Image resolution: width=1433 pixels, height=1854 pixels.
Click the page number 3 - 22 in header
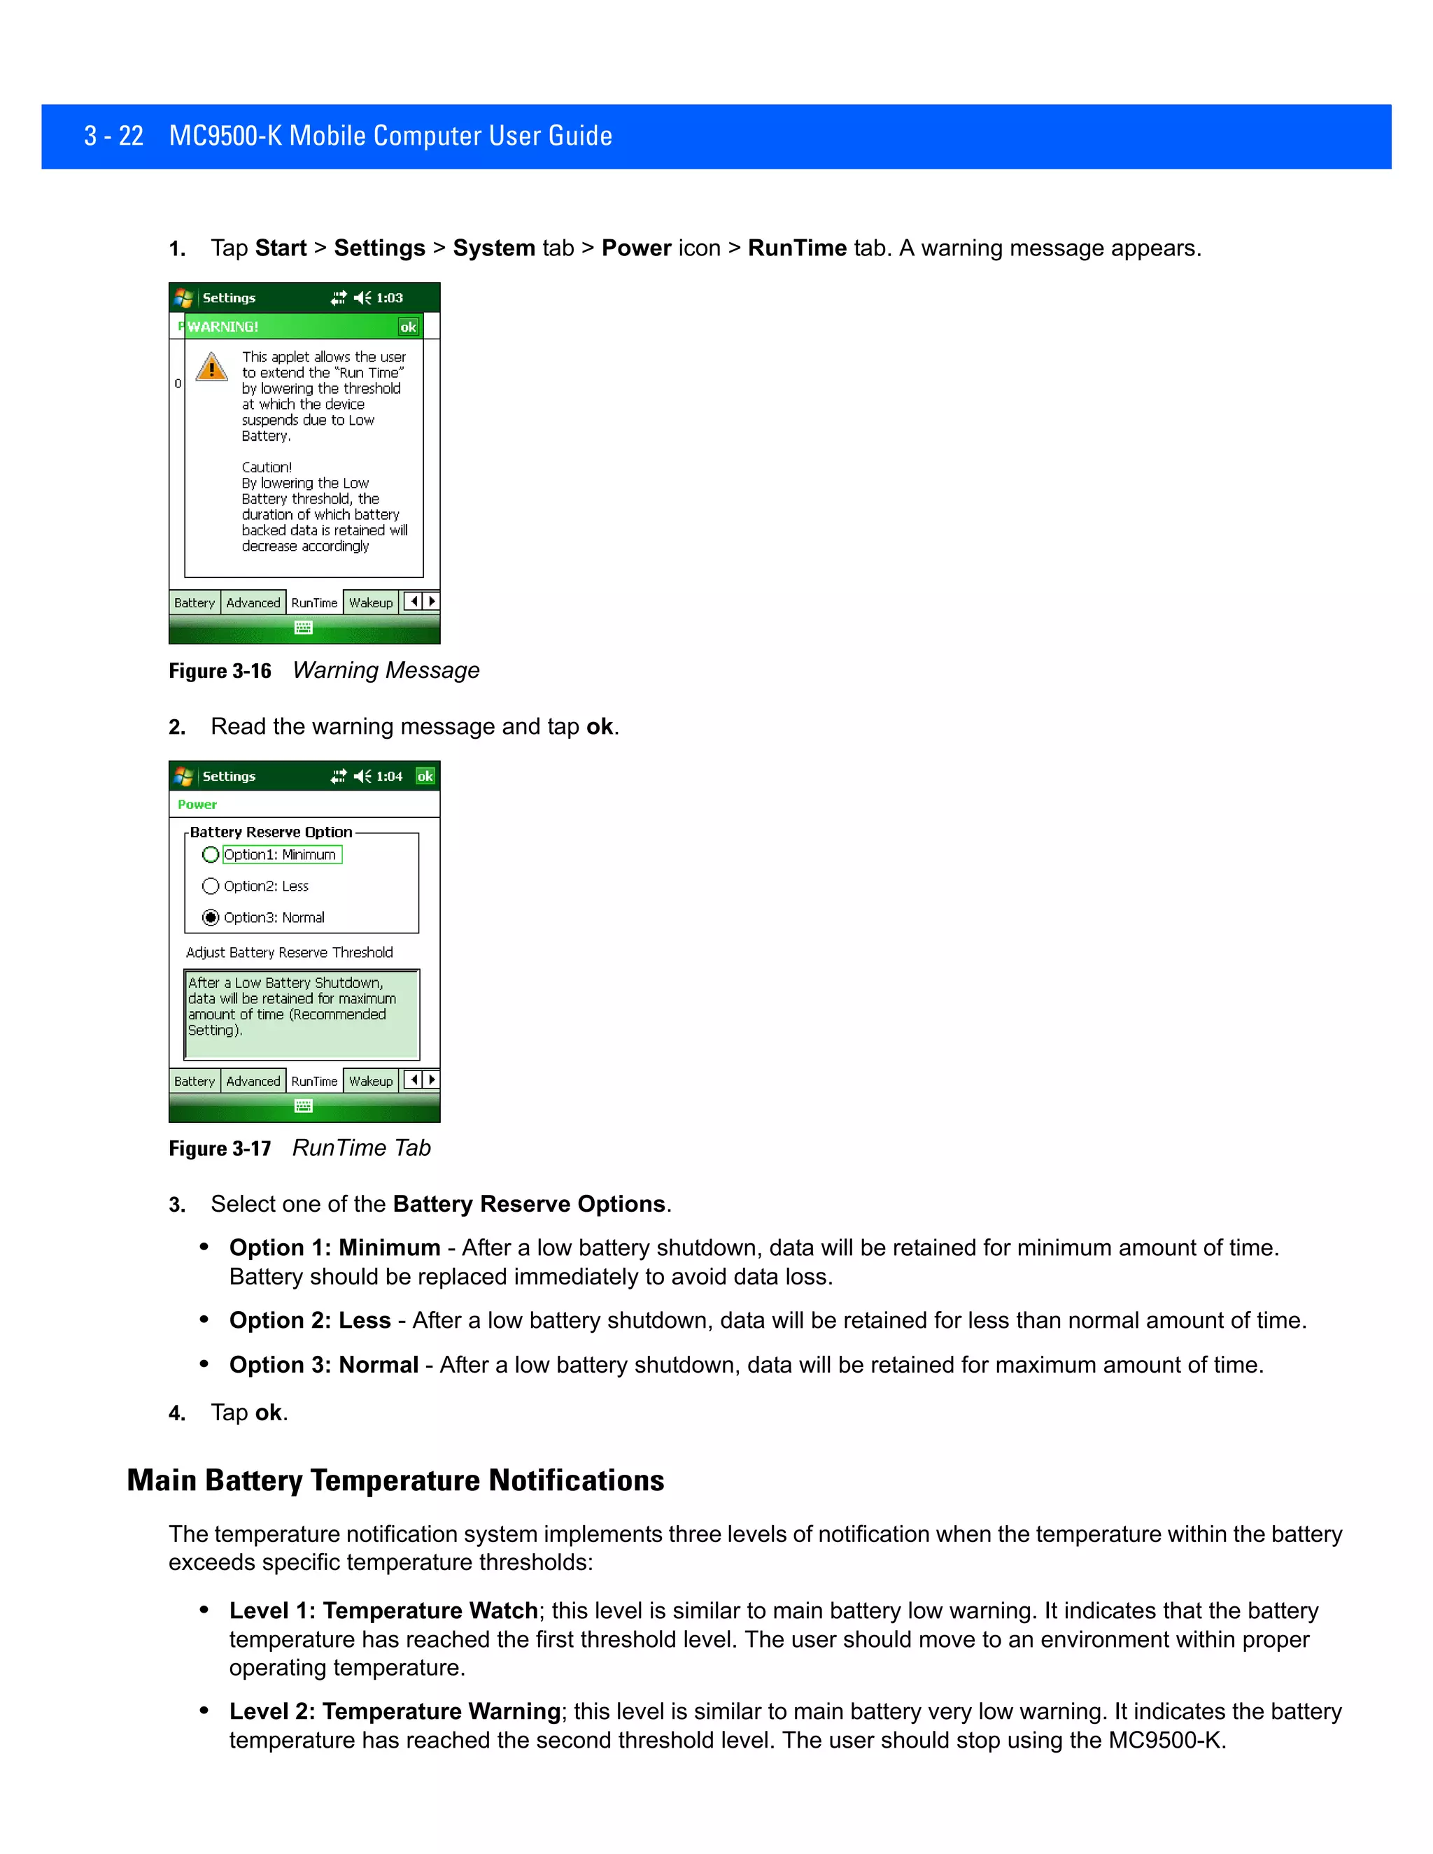[x=114, y=136]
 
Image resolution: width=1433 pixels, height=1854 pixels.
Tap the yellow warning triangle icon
[x=211, y=367]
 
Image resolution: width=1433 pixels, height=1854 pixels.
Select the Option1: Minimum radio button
[x=211, y=855]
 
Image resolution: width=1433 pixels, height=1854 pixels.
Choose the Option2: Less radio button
[x=211, y=886]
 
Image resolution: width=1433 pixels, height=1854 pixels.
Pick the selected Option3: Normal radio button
[x=211, y=918]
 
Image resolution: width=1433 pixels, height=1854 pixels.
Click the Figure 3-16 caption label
[x=220, y=672]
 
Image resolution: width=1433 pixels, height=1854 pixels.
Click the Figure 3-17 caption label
[x=220, y=1149]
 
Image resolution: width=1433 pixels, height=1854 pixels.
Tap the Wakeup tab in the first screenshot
[x=371, y=602]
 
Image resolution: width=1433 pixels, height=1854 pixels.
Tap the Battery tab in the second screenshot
[x=195, y=1082]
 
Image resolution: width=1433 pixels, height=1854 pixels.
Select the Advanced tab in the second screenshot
[x=253, y=1082]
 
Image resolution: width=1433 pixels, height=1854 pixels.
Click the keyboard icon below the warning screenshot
[x=303, y=628]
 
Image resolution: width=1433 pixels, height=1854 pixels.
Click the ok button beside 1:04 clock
[x=425, y=776]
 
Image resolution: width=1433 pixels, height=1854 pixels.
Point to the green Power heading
[x=197, y=805]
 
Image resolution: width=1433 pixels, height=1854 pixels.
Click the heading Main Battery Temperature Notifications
[x=395, y=1480]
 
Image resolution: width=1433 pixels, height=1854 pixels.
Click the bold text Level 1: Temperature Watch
[x=383, y=1611]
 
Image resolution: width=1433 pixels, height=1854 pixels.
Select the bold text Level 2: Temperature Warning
[x=395, y=1711]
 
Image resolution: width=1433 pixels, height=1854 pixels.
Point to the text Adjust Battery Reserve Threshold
[x=290, y=952]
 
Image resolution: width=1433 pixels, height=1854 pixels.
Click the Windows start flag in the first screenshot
[x=183, y=298]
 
